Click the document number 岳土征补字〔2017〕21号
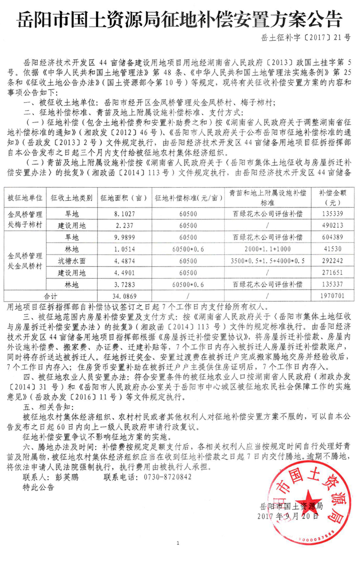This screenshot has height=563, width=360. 305,37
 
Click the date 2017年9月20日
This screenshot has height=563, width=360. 288,516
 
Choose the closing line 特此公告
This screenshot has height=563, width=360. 39,487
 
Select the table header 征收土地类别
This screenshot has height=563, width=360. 72,198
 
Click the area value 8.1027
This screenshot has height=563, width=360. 120,214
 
